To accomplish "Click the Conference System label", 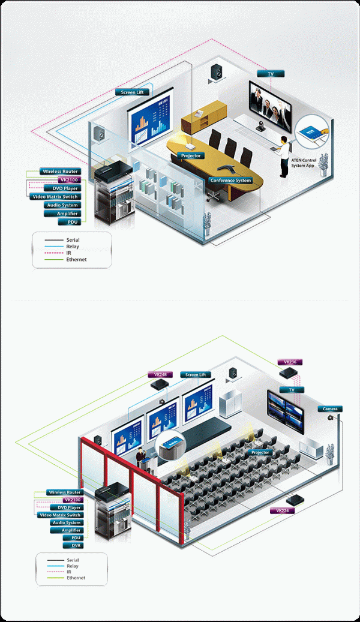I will pos(230,180).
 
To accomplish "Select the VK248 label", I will pos(160,375).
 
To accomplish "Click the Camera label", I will pos(329,409).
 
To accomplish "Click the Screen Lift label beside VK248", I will pos(196,375).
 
